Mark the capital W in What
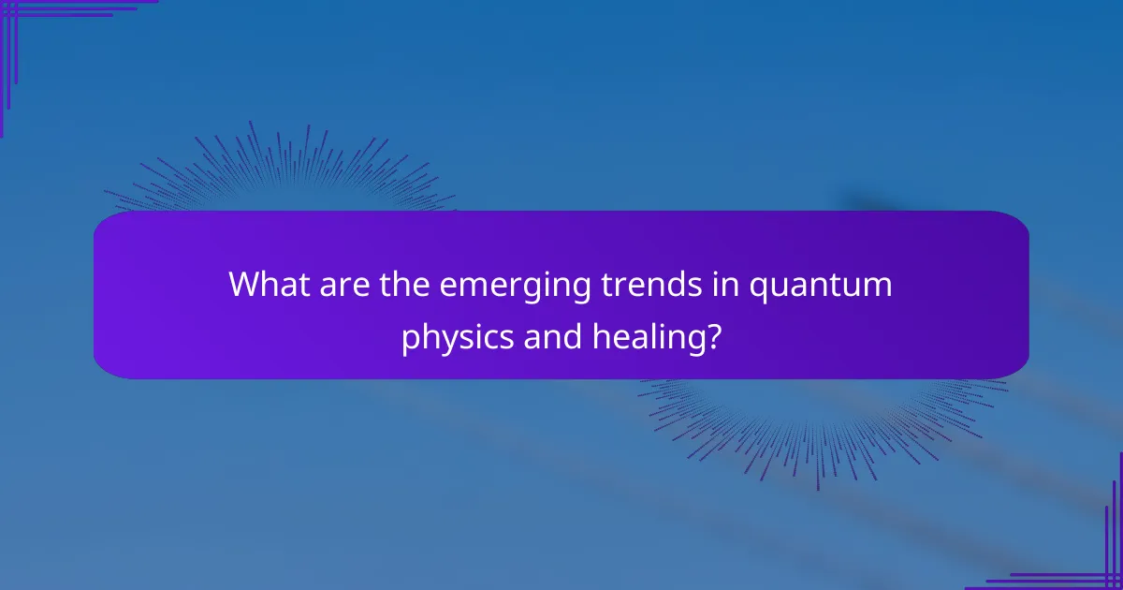(246, 285)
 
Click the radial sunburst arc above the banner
(281, 169)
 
